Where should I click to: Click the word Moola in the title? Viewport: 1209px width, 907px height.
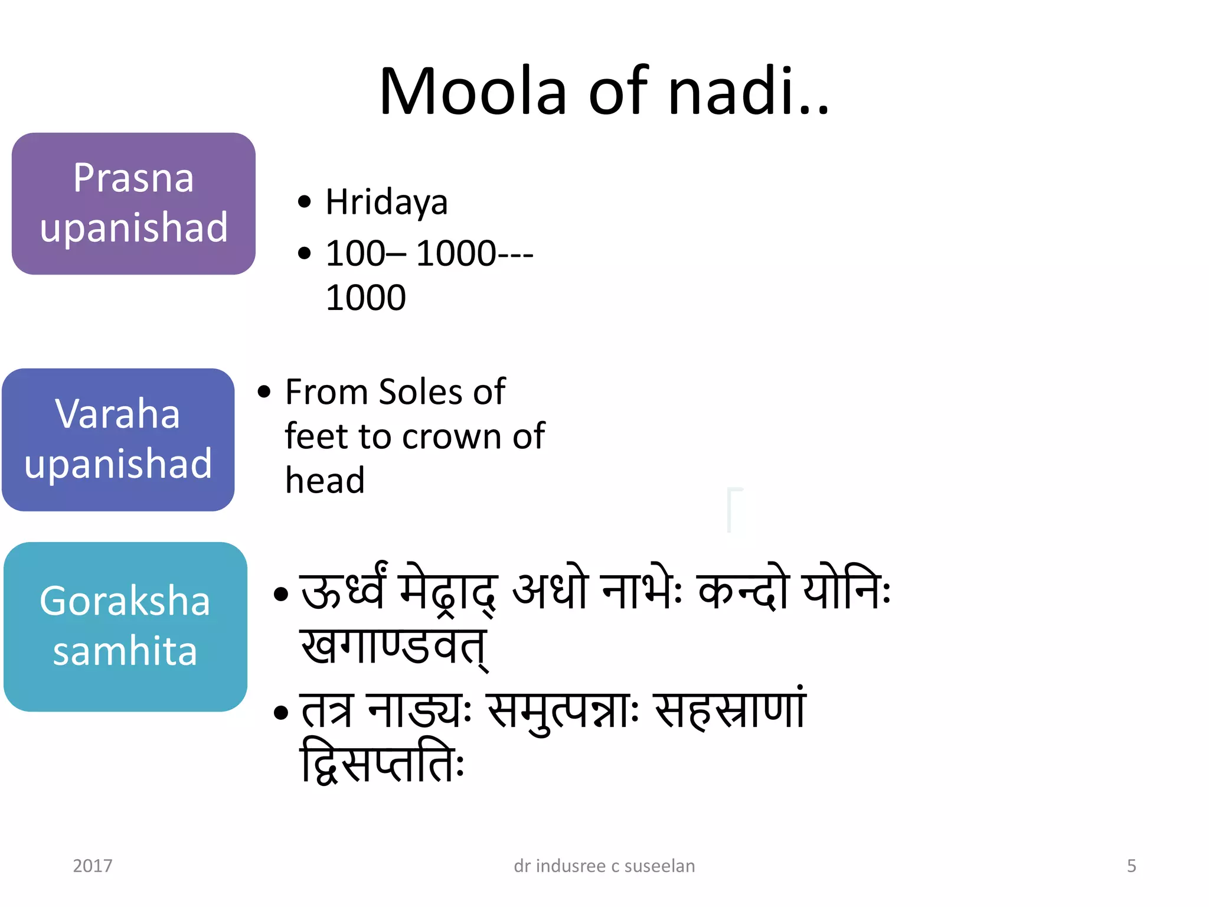pos(473,92)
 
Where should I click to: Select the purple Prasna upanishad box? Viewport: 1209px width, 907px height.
pos(133,203)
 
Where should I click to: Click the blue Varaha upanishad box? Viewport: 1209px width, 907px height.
pos(118,439)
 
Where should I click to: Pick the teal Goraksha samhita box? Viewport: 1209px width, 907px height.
pos(125,627)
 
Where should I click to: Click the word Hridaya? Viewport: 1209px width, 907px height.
pos(387,203)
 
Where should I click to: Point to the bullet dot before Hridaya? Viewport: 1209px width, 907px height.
pos(304,202)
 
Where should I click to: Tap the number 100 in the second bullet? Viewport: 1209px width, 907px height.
pos(355,253)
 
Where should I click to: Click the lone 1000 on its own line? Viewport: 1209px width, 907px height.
pos(365,297)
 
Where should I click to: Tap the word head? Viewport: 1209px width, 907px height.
pos(325,480)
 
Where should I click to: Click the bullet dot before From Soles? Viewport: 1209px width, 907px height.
pos(264,391)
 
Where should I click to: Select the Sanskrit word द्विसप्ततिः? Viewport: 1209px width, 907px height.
pos(383,762)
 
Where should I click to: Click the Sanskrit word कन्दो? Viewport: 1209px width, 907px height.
pos(743,590)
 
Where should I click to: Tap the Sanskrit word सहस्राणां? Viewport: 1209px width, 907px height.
pos(730,710)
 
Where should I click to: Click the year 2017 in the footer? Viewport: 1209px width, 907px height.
pos(93,866)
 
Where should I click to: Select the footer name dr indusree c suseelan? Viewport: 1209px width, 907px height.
pos(604,866)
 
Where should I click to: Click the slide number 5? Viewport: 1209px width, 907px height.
pos(1131,866)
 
